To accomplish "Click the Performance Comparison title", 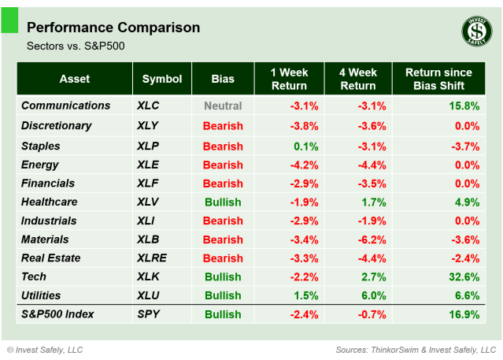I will (113, 28).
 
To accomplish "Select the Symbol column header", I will (162, 79).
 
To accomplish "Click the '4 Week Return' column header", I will (357, 79).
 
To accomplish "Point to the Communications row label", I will (65, 106).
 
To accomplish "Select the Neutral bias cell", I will (223, 106).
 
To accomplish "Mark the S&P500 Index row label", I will (57, 314).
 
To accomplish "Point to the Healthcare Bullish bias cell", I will (223, 202).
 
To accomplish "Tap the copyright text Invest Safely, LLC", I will (45, 350).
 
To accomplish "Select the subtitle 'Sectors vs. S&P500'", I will (76, 46).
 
